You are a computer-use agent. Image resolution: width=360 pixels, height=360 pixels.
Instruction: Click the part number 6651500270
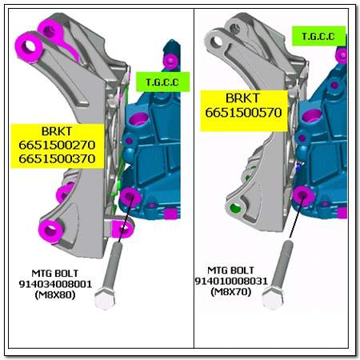coord(57,146)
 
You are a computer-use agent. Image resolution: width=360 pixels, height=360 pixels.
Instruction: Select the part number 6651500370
coord(57,159)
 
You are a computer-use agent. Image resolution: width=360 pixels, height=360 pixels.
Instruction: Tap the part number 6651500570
coord(243,112)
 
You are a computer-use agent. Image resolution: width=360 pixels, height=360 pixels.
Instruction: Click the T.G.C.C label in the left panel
coord(162,82)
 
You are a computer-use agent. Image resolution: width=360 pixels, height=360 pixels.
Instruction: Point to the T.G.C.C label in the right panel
coord(318,36)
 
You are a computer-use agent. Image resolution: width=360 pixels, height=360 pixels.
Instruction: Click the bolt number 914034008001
coord(55,284)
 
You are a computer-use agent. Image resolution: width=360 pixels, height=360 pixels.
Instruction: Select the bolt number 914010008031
coord(231,281)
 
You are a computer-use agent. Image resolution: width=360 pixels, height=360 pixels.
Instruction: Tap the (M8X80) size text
coord(55,295)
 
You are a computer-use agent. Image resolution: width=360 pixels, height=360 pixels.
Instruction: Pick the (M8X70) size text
coord(231,292)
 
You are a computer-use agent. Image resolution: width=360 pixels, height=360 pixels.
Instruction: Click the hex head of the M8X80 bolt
coord(105,298)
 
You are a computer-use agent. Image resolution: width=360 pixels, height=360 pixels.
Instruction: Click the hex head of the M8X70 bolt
coord(273,298)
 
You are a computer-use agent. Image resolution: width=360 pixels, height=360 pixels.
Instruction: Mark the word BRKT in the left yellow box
coord(57,131)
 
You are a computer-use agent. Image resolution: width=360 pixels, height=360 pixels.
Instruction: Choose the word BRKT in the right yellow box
coord(242,98)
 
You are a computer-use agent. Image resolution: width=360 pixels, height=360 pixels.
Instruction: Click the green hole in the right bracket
coord(236,208)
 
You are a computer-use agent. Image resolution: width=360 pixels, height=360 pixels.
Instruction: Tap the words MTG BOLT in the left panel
coord(55,274)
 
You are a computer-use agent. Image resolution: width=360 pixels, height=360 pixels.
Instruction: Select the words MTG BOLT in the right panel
coord(230,270)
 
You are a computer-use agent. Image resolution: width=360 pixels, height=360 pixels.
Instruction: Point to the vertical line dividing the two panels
coord(194,178)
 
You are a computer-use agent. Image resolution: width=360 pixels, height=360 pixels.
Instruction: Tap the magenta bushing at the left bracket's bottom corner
coord(51,230)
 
